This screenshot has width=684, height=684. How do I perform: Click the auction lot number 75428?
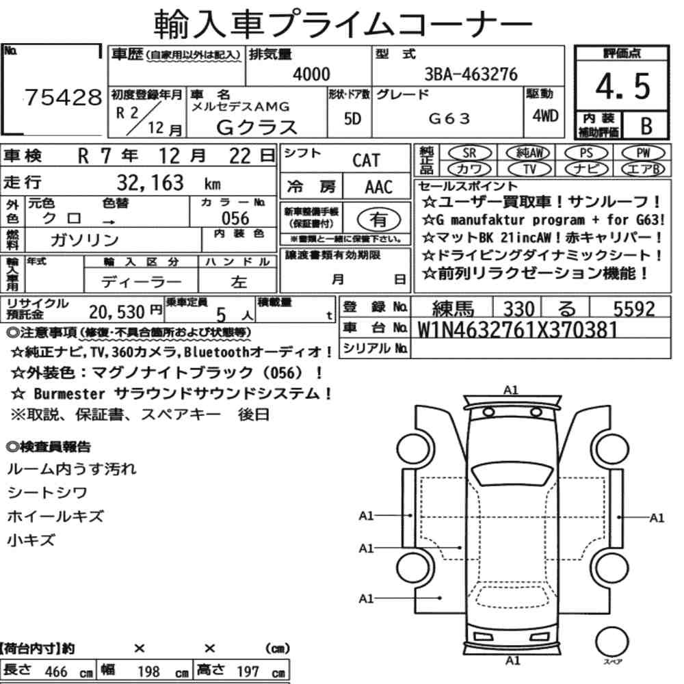tap(63, 97)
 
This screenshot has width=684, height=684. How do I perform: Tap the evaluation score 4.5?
tap(622, 86)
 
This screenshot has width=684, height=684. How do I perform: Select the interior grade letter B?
tap(646, 126)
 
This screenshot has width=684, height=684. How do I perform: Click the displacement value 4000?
tap(311, 74)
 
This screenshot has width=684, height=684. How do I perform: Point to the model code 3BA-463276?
tap(471, 74)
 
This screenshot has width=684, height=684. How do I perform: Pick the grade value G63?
tap(449, 118)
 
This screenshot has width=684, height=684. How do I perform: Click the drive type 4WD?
tap(545, 116)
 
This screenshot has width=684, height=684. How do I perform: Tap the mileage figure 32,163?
tap(150, 183)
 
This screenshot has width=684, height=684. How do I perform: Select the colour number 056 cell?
tap(235, 218)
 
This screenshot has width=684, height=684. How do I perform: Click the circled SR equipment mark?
tap(469, 153)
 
